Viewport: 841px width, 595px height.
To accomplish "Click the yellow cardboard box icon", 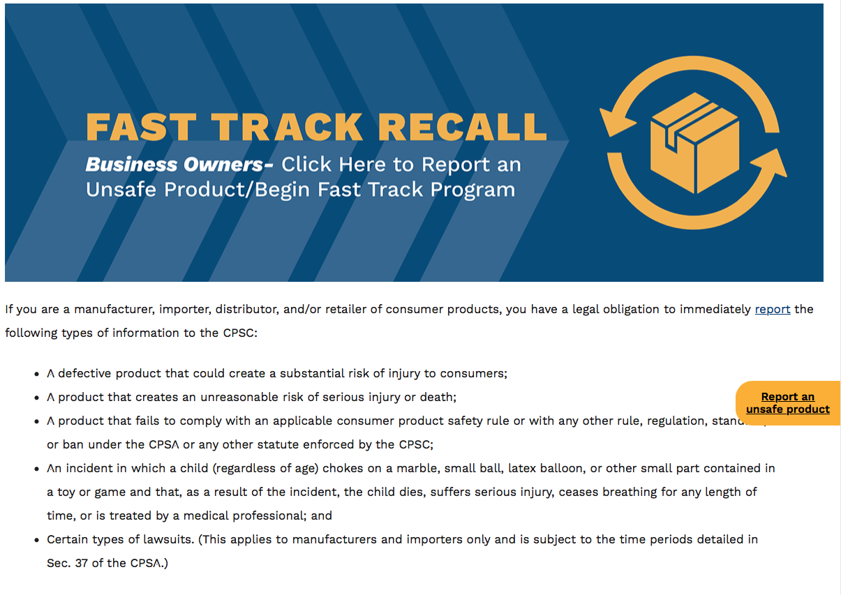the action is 694,142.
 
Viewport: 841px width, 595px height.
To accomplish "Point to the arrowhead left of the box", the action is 616,122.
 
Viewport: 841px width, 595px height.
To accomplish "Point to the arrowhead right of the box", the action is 771,163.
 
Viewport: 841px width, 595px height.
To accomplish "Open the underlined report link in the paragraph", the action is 773,309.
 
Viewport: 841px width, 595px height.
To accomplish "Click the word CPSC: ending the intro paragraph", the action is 240,333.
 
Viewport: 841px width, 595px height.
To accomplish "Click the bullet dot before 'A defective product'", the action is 36,374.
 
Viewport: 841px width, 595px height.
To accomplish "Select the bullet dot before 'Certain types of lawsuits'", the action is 36,540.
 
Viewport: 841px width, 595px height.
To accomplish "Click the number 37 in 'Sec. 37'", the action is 82,563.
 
